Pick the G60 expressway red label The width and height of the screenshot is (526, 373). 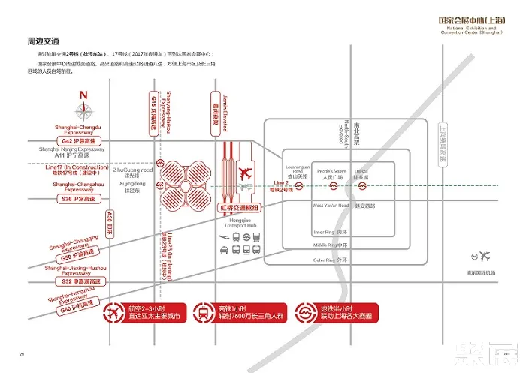click(x=77, y=306)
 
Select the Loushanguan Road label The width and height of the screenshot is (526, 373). click(x=295, y=172)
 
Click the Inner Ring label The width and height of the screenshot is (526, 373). click(x=331, y=232)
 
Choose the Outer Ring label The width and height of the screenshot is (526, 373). click(x=331, y=260)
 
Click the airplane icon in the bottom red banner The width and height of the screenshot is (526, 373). click(x=116, y=312)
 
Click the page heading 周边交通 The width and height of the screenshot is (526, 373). click(x=43, y=40)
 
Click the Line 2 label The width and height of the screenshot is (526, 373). click(x=281, y=185)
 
